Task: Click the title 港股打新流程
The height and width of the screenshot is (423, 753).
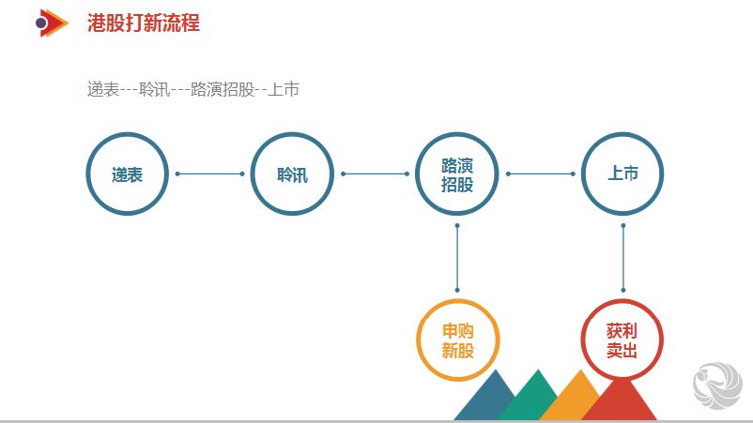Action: pos(143,23)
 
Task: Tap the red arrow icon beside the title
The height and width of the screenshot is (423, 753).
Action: pos(52,23)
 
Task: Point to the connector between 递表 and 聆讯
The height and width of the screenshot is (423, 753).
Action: pos(210,174)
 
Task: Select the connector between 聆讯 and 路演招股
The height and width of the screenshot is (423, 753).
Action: pos(375,174)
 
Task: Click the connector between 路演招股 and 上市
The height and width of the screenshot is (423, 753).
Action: pos(540,174)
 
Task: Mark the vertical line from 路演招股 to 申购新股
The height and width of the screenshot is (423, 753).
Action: pos(457,258)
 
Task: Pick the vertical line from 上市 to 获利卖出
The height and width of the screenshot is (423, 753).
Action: pos(623,258)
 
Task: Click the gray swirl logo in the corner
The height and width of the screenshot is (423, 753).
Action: pos(717,385)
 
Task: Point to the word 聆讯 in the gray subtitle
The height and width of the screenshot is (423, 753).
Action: pos(154,89)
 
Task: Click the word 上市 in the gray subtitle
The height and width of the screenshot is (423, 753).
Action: pos(284,89)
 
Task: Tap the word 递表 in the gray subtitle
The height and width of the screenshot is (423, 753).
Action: pos(102,89)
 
